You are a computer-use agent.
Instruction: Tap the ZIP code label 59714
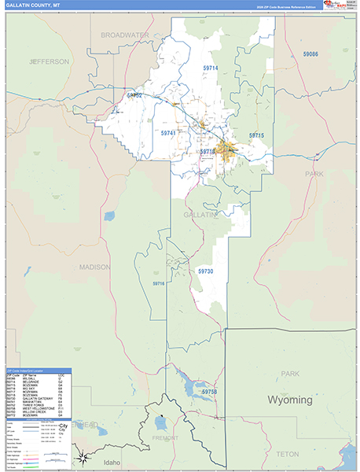tap(211, 68)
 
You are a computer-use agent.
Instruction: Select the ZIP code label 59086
tap(310, 53)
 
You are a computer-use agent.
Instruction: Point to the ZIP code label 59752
tap(134, 95)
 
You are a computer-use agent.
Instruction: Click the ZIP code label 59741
tap(168, 135)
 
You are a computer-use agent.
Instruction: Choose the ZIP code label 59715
tap(257, 136)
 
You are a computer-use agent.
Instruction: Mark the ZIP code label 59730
tap(206, 271)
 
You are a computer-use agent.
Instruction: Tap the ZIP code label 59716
tap(159, 283)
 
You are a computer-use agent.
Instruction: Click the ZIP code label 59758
tap(209, 391)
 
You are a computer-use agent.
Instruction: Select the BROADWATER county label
tap(125, 35)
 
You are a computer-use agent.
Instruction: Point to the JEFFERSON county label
tap(50, 61)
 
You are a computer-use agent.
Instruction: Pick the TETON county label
tap(288, 454)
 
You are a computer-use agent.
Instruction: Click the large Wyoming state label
tap(290, 400)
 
